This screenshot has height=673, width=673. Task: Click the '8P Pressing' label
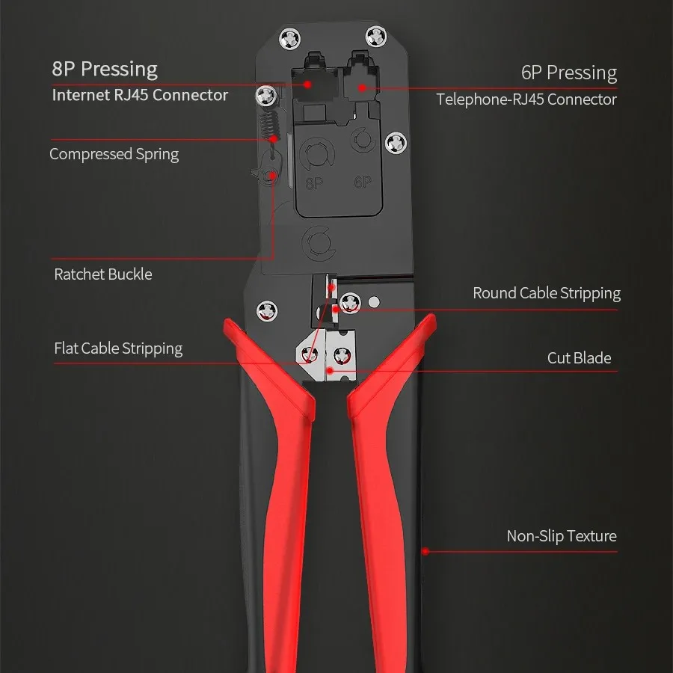(x=105, y=70)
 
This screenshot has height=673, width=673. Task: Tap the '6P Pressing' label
(x=569, y=73)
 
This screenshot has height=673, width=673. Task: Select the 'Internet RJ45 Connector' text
(x=140, y=95)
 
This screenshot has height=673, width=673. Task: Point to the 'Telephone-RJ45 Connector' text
(x=526, y=99)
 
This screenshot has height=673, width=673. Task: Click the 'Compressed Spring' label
(x=114, y=155)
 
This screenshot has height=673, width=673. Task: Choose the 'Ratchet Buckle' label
(x=103, y=274)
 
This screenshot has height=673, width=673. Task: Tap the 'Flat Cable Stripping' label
(x=118, y=348)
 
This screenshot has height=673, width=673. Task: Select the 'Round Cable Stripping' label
(x=547, y=293)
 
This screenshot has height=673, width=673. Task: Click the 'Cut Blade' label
(x=579, y=358)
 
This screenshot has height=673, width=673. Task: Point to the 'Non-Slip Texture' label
(x=562, y=536)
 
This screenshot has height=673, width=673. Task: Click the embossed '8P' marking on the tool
(x=315, y=182)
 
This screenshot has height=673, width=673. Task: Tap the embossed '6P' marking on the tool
(x=363, y=182)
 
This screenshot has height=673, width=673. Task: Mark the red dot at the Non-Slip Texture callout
(x=425, y=552)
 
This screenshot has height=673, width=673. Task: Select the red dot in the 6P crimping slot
(x=361, y=87)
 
